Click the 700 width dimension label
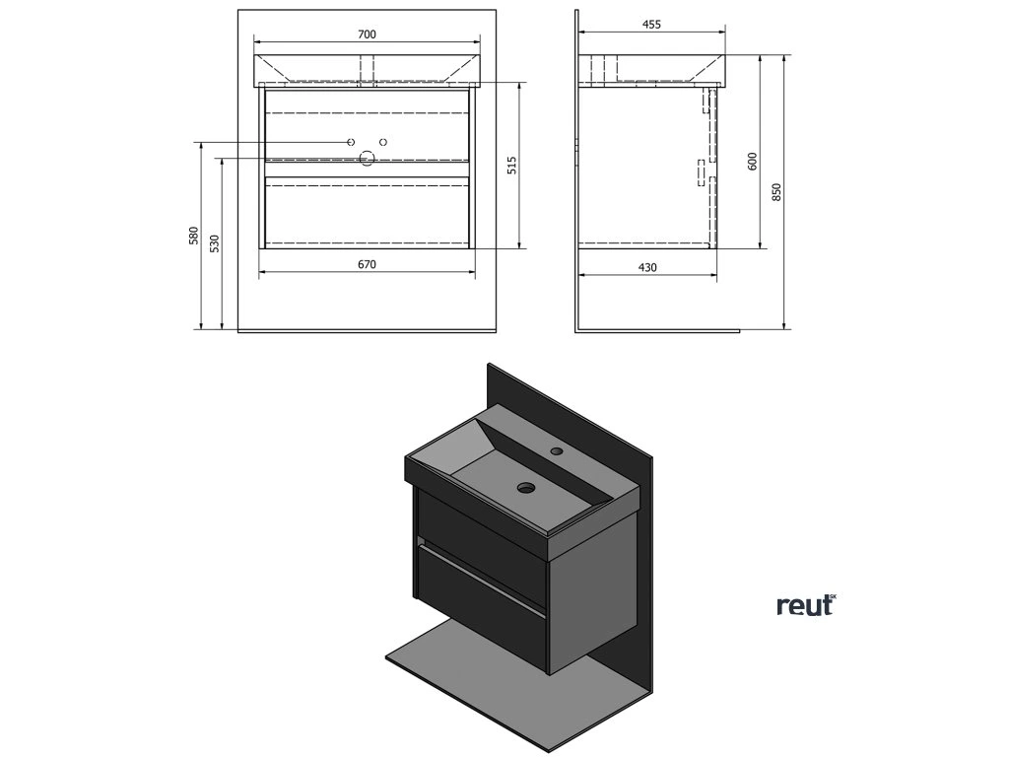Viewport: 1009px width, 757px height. click(x=366, y=34)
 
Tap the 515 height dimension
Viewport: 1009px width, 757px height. click(x=511, y=166)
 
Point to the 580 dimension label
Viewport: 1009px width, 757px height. click(x=194, y=237)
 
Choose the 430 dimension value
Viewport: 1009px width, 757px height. click(x=646, y=267)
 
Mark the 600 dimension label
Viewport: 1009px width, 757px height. click(x=752, y=161)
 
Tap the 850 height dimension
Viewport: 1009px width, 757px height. click(x=776, y=192)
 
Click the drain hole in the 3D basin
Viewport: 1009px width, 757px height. click(x=526, y=486)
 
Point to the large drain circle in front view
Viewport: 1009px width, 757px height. click(x=368, y=158)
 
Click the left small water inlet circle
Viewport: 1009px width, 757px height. click(x=351, y=142)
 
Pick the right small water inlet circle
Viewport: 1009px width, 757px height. click(x=383, y=142)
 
